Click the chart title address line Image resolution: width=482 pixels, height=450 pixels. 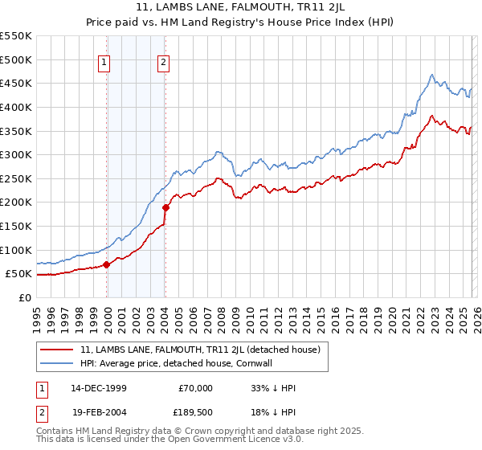240,8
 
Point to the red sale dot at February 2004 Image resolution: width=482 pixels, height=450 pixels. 165,207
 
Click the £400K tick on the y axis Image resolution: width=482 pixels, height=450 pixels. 16,107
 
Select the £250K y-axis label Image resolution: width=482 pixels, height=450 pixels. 16,178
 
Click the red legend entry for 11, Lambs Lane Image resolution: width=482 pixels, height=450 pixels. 200,350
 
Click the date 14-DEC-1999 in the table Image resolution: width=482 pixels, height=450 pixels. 98,388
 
